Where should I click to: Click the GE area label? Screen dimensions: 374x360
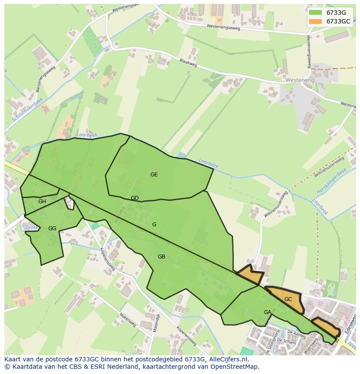pos(154,175)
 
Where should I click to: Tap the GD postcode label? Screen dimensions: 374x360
pos(135,198)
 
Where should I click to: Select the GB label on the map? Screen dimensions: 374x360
pos(161,257)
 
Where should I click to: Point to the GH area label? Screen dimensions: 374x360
pos(42,202)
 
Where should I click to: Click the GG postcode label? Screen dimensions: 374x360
pos(52,228)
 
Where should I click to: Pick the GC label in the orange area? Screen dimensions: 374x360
pos(288,299)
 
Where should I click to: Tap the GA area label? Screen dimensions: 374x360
pos(267,312)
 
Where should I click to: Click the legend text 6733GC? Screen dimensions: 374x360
pos(338,21)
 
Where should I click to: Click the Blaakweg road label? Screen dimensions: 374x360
pos(188,63)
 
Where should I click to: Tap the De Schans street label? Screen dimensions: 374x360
pos(289,342)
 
